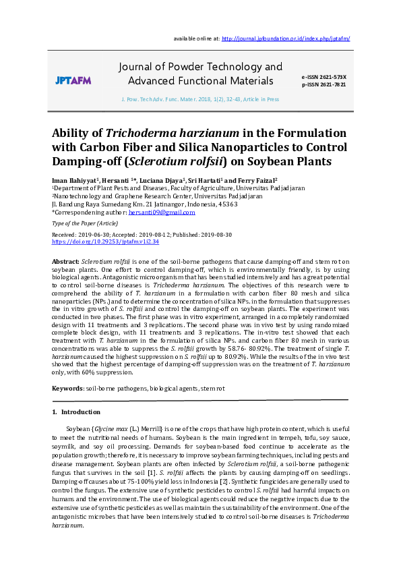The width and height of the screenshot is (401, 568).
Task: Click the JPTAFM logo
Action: [x=73, y=80]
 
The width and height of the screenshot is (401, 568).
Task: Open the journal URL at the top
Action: [x=285, y=38]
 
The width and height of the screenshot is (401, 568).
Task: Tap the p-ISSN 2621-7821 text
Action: [x=324, y=84]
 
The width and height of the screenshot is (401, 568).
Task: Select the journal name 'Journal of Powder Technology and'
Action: [x=200, y=67]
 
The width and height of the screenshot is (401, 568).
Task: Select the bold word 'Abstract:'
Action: [x=65, y=260]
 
